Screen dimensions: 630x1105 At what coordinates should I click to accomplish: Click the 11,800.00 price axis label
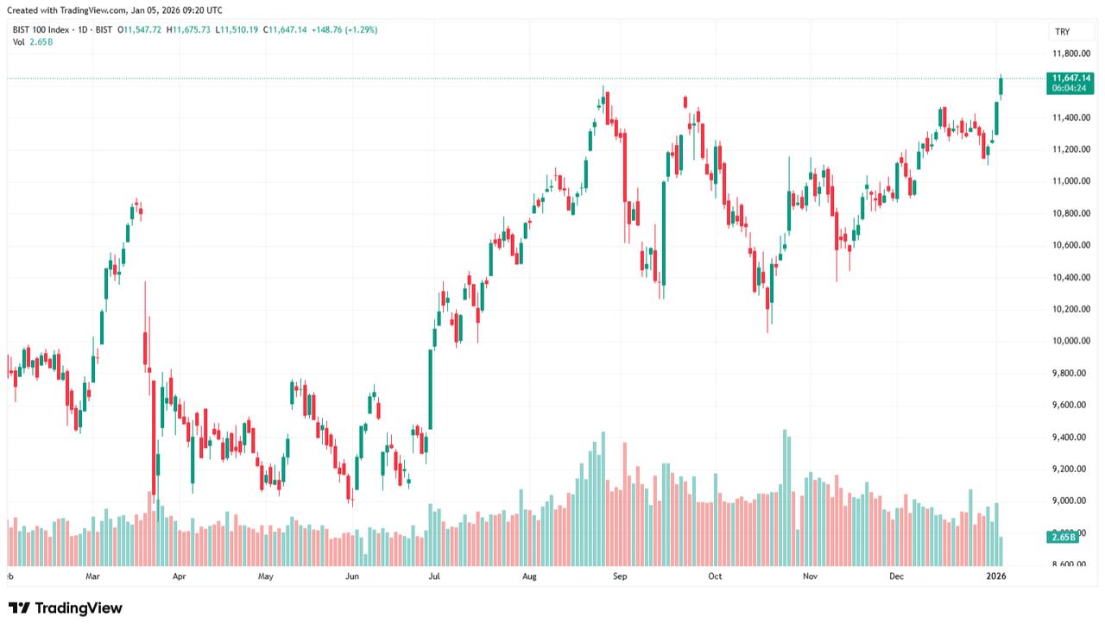1071,54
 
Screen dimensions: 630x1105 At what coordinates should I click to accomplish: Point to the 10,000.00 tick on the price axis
1071,341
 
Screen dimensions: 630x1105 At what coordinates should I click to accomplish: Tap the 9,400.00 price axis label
1071,437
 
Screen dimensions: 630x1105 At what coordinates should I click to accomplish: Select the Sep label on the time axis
619,575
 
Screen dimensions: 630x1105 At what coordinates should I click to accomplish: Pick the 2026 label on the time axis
995,575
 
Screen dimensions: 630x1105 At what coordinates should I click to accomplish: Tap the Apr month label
179,575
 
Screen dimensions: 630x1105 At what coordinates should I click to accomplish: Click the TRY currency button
1063,32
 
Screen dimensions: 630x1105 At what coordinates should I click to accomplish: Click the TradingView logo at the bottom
66,608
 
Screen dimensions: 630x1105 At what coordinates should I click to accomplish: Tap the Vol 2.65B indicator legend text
32,41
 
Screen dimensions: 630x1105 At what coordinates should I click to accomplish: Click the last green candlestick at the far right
1001,85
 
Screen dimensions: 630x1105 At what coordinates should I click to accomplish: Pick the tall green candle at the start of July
431,388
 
